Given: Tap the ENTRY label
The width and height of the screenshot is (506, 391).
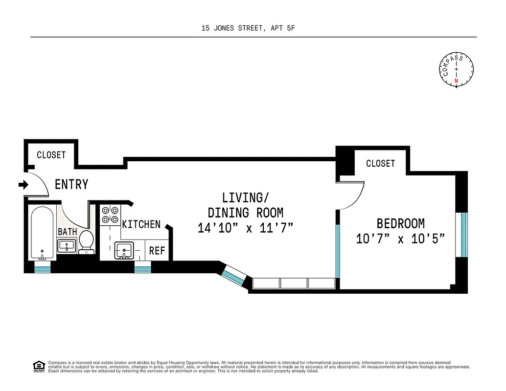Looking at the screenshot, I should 71,185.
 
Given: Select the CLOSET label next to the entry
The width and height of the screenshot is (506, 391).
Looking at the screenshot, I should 51,155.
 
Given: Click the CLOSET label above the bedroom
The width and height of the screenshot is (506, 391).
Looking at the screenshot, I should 380,163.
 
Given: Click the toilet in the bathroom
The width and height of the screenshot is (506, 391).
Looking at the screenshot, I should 86,241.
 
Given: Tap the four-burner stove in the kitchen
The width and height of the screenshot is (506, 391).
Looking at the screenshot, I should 110,215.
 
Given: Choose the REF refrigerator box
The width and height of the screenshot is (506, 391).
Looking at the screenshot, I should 157,251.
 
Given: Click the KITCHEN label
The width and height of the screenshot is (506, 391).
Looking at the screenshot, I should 141,224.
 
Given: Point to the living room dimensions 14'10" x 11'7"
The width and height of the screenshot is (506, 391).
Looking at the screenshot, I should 245,228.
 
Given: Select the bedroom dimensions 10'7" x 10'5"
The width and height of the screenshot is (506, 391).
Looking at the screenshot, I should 400,239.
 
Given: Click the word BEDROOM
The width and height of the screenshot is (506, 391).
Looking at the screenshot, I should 400,223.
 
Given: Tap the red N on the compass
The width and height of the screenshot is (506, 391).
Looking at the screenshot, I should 456,81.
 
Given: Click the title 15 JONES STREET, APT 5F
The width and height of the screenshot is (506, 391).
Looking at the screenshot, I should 249,28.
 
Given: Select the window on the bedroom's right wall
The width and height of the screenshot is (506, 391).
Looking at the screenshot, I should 462,234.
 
